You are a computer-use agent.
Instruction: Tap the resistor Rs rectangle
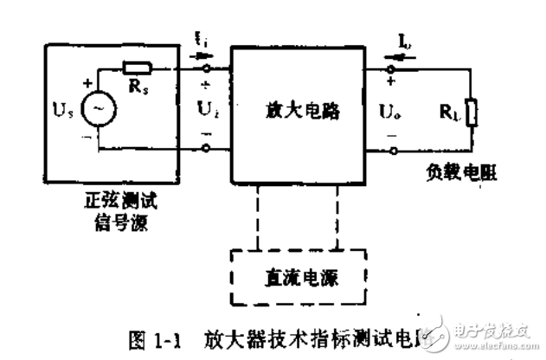138,67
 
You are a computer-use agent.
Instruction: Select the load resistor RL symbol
472,112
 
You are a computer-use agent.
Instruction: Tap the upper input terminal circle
205,66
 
